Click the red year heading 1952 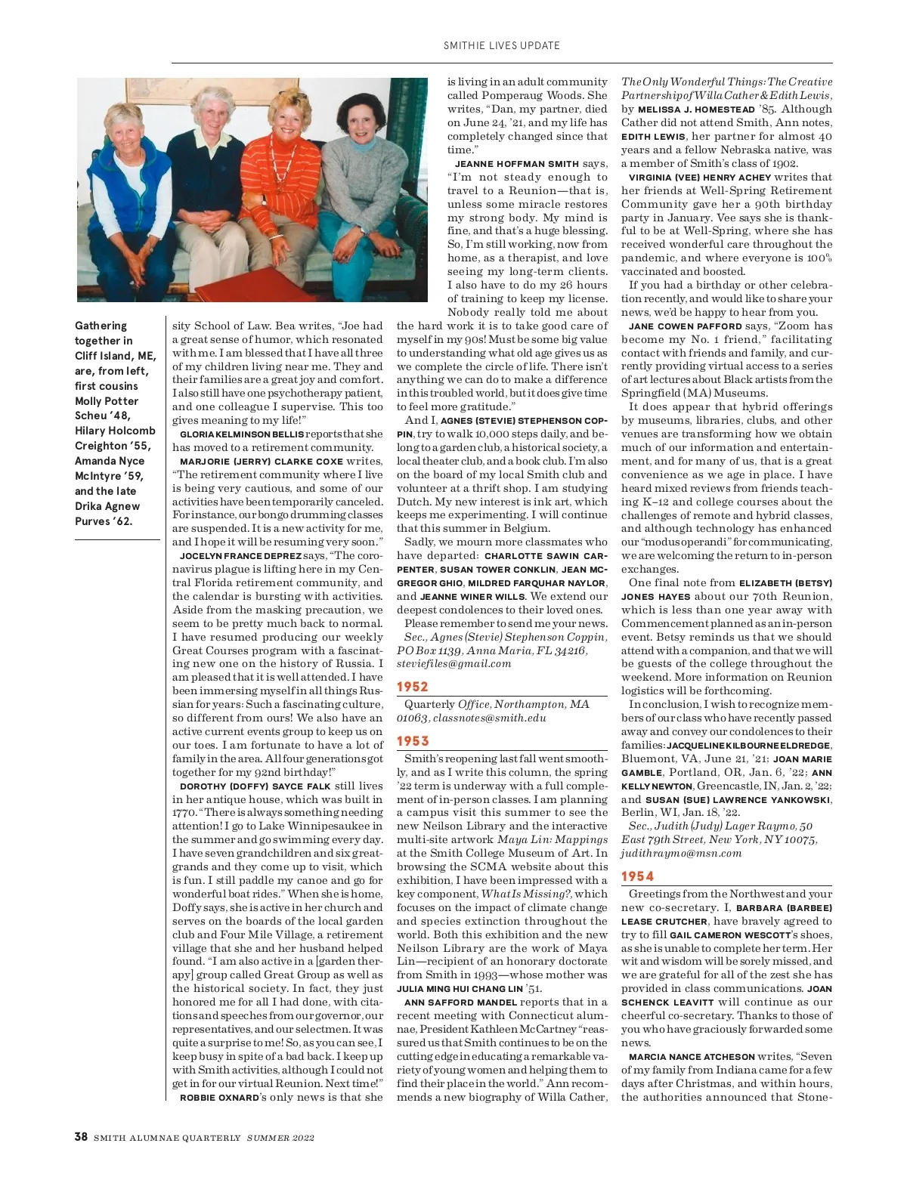(x=413, y=687)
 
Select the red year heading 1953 (x=413, y=741)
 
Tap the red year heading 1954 (x=637, y=876)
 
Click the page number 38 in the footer (x=81, y=1137)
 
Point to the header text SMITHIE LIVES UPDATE (x=501, y=45)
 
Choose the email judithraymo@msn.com (x=681, y=853)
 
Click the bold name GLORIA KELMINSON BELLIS (x=242, y=434)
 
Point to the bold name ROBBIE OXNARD (x=219, y=1097)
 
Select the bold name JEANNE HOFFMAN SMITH (x=517, y=164)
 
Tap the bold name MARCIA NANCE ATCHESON (x=692, y=1057)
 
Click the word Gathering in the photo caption (x=101, y=326)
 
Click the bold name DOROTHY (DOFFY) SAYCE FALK (x=255, y=786)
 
